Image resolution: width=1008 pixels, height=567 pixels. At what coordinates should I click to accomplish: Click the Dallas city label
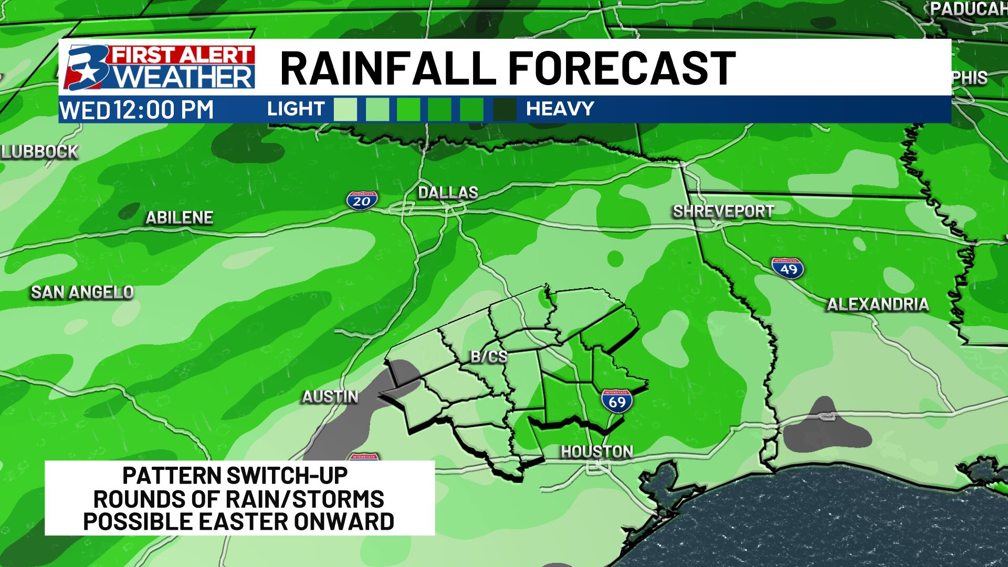tap(448, 193)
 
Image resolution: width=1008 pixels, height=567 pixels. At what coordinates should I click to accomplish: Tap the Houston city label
tap(597, 451)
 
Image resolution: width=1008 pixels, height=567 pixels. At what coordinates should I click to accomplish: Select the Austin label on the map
tap(330, 397)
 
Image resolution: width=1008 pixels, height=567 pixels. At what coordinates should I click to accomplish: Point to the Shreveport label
tap(723, 212)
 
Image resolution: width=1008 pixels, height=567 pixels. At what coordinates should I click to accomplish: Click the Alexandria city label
tap(878, 304)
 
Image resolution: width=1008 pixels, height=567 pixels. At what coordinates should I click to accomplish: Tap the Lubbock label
tap(40, 152)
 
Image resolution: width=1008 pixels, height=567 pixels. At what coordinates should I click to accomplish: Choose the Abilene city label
tap(179, 217)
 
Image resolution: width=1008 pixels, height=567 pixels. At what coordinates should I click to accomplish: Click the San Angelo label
tap(82, 292)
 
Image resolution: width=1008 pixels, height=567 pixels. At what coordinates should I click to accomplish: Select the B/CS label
tap(489, 357)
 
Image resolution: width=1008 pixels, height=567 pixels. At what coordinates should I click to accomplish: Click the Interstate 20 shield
tap(362, 200)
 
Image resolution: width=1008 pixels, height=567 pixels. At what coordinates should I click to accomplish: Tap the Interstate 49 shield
tap(788, 268)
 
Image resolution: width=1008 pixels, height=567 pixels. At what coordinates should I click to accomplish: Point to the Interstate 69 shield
tap(617, 401)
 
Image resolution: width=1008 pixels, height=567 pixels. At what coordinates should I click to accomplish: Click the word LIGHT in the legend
tap(296, 109)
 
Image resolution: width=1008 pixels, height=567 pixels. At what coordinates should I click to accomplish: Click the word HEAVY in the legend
tap(560, 109)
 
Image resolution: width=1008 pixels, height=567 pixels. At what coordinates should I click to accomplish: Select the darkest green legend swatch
tap(505, 110)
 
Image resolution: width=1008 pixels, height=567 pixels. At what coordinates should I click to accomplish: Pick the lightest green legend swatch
tap(345, 110)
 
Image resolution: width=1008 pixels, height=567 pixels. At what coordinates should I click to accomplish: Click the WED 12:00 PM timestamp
tap(137, 110)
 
